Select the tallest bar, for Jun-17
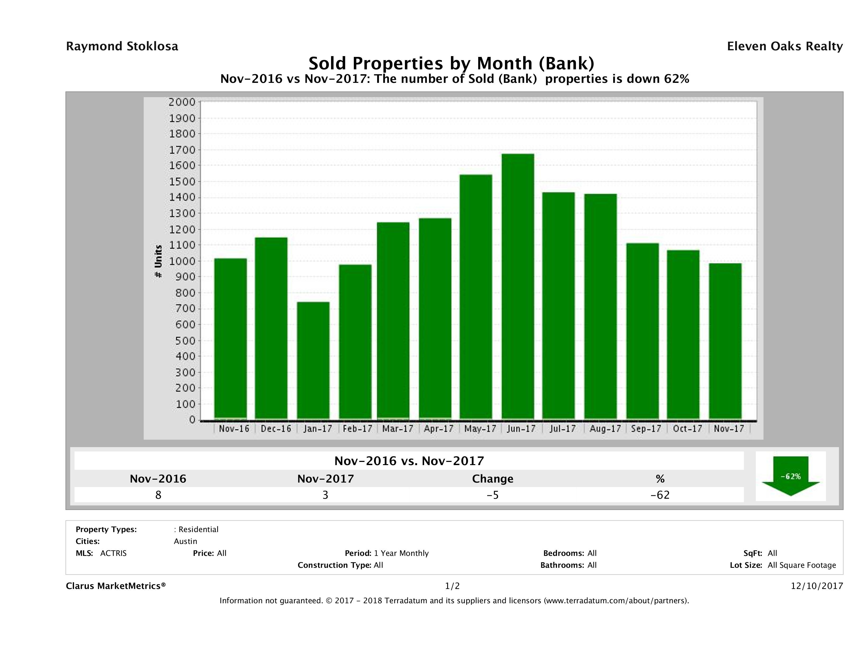(x=518, y=286)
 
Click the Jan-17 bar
(x=313, y=360)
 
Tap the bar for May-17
(x=476, y=296)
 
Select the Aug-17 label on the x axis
(x=605, y=429)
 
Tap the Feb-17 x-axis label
(x=357, y=429)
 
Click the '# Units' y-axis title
(x=158, y=261)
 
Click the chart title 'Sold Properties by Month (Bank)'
(x=451, y=63)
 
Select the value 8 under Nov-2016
(x=158, y=495)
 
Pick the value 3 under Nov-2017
(x=326, y=495)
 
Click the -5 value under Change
(x=493, y=495)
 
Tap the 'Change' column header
(x=493, y=479)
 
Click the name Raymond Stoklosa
(x=122, y=46)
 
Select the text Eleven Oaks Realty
(x=784, y=46)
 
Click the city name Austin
(x=185, y=541)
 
